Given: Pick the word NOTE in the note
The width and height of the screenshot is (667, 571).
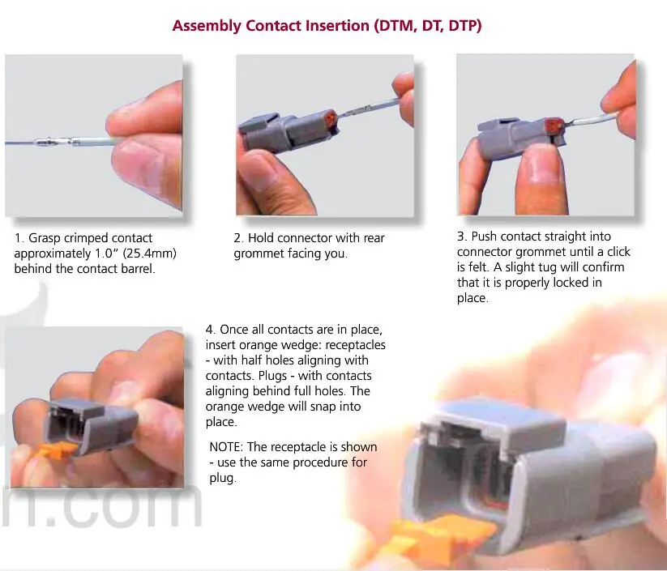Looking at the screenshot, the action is pyautogui.click(x=225, y=447).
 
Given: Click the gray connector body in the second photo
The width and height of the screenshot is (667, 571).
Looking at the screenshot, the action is pyautogui.click(x=287, y=131).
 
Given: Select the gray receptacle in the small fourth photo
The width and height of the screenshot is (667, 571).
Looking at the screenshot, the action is pyautogui.click(x=92, y=425).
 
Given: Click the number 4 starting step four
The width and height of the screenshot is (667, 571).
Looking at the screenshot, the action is pyautogui.click(x=209, y=330).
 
